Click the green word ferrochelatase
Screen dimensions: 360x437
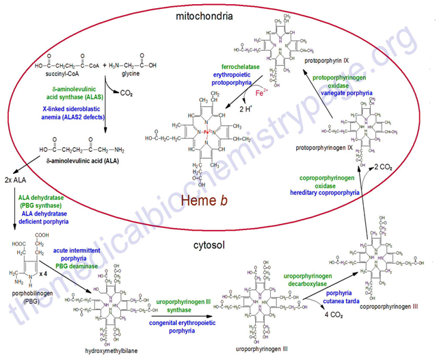point(209,66)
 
